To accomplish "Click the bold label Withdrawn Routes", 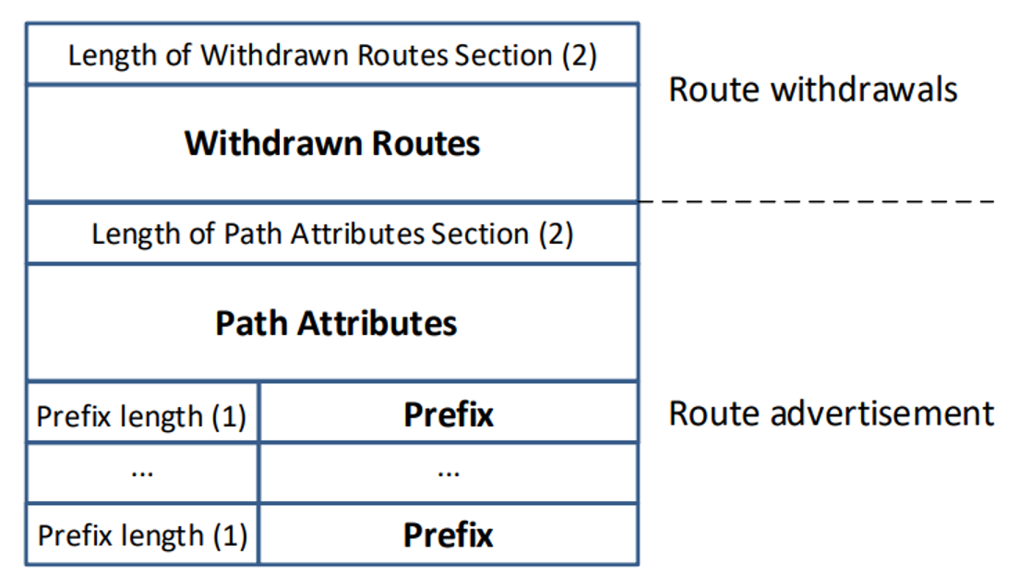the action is pyautogui.click(x=332, y=143).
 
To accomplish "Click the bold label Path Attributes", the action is pyautogui.click(x=336, y=323).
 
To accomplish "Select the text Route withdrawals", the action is pyautogui.click(x=813, y=89).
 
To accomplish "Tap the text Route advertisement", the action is pyautogui.click(x=832, y=414).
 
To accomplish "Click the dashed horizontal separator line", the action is pyautogui.click(x=817, y=201).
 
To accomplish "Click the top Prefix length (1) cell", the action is pyautogui.click(x=141, y=413).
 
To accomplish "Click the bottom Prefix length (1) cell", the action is pyautogui.click(x=141, y=534).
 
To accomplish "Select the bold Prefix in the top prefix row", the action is pyautogui.click(x=449, y=414).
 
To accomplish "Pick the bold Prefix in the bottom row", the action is pyautogui.click(x=449, y=535).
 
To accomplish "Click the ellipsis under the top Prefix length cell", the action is pyautogui.click(x=142, y=474).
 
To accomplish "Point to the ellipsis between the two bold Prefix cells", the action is pyautogui.click(x=449, y=474).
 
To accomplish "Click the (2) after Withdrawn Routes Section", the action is pyautogui.click(x=579, y=55).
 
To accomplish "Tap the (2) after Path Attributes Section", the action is pyautogui.click(x=556, y=234).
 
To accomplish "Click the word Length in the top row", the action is pyautogui.click(x=113, y=56).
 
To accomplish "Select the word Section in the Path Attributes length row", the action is pyautogui.click(x=480, y=234).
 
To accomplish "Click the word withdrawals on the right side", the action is pyautogui.click(x=864, y=89).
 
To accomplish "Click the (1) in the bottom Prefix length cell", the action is pyautogui.click(x=230, y=535).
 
